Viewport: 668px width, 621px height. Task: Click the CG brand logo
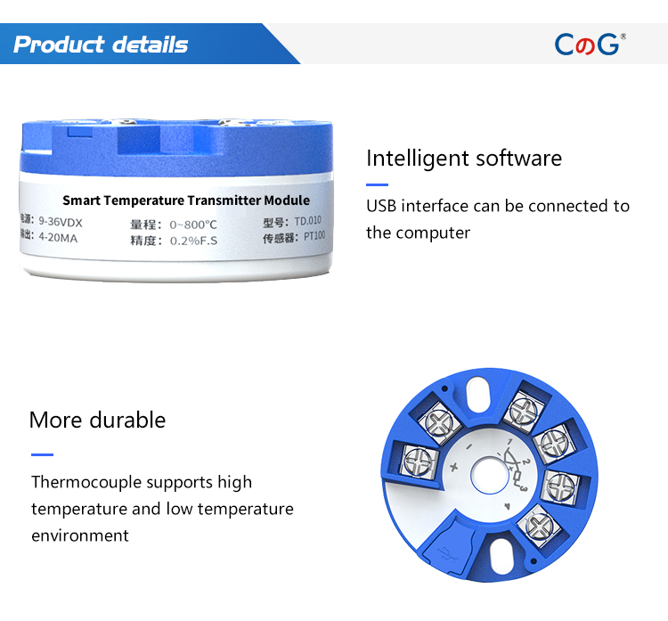(590, 45)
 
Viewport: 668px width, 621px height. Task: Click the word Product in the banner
(59, 45)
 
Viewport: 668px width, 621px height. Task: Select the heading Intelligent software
(464, 159)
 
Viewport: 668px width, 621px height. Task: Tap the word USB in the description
(381, 207)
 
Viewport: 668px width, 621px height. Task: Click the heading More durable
(98, 420)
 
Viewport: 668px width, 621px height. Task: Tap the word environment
(80, 535)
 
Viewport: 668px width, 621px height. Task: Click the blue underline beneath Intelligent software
(377, 185)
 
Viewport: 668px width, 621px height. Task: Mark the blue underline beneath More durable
(42, 454)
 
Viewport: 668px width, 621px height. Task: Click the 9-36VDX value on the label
(61, 222)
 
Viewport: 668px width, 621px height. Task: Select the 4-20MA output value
(59, 238)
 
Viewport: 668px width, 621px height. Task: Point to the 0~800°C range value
(193, 225)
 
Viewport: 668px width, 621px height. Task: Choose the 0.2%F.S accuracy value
(194, 241)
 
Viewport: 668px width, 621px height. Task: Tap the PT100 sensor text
(314, 236)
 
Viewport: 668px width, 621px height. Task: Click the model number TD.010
(307, 221)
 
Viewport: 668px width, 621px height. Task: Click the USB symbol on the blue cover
(447, 553)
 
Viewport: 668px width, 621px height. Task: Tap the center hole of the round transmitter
(490, 475)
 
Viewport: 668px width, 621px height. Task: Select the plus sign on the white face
(453, 467)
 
